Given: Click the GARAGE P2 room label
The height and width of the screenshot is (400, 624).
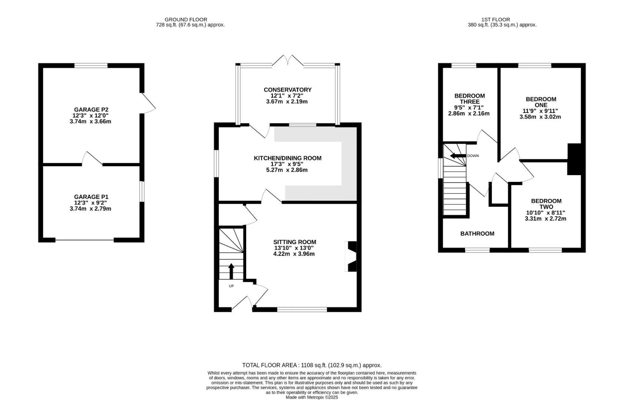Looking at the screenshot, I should point(91,110).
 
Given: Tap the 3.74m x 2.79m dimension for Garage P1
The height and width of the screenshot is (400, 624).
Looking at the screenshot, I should point(90,209).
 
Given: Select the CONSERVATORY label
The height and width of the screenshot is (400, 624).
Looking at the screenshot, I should point(287,90).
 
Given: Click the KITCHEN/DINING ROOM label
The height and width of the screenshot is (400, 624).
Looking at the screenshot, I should point(287,158).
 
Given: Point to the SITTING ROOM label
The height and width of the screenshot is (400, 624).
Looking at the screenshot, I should point(294,242).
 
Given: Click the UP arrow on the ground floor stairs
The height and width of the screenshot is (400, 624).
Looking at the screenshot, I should point(231,271).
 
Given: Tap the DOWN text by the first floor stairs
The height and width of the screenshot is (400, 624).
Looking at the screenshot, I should point(473,156).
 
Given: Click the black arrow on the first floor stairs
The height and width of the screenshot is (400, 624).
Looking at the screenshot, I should point(458,156).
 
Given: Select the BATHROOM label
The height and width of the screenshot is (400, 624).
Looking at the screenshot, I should point(477,233).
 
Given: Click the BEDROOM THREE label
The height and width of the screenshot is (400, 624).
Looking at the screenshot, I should point(469,99).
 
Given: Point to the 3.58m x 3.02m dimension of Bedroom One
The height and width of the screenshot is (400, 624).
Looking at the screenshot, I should point(540,117).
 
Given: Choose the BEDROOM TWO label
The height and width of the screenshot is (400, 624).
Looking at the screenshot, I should point(546,204).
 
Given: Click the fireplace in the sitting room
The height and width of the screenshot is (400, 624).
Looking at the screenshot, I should point(351,256).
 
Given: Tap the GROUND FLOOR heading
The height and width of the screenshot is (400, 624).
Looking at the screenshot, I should point(186,19).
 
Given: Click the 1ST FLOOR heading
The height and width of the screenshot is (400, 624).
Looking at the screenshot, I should point(495,19).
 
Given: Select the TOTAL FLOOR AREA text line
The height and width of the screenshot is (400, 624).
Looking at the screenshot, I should point(311,365).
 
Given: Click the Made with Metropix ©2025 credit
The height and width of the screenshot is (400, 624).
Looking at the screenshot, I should point(311,397).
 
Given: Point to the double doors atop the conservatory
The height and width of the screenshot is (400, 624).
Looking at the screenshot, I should point(288,61).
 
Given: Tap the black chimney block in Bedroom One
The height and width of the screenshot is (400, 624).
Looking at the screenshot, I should point(574,159).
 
